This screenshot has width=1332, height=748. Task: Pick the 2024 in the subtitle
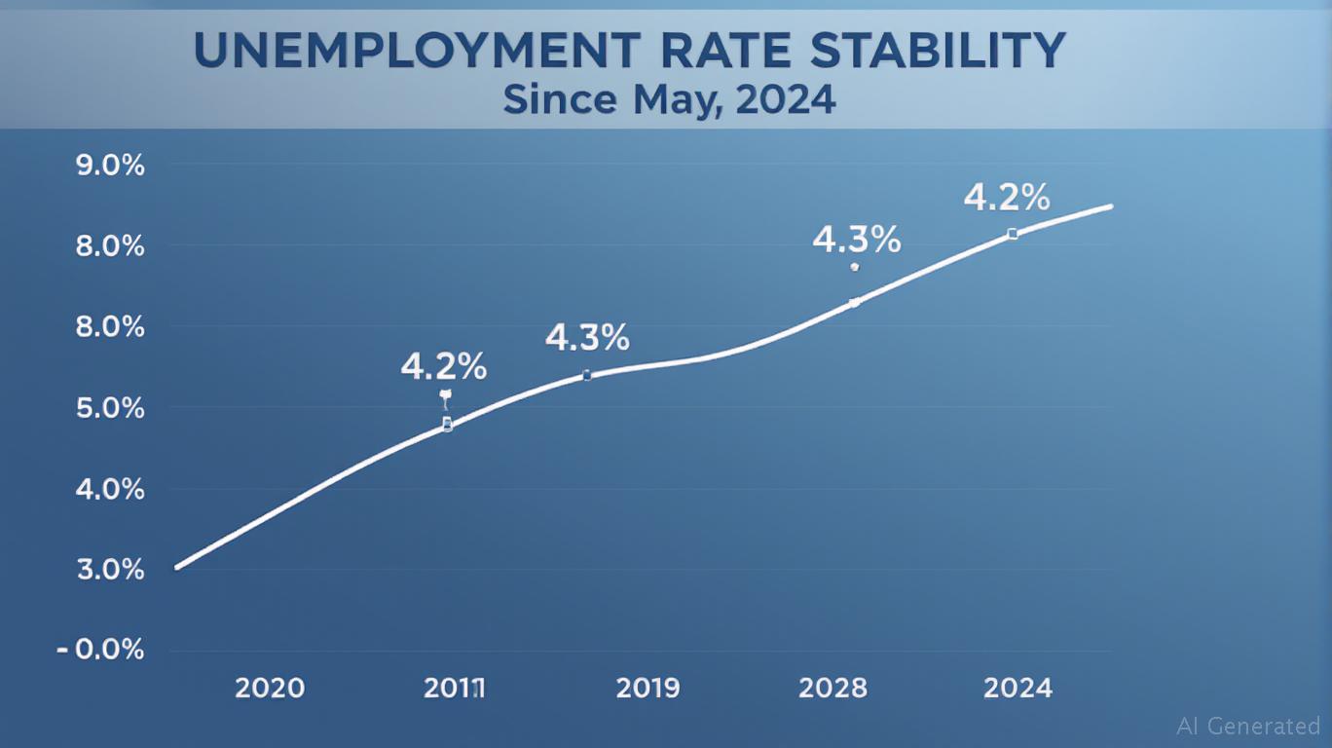pos(788,99)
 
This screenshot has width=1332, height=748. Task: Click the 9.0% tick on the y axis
pos(110,166)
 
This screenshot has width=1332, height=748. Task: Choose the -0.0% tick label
pos(102,650)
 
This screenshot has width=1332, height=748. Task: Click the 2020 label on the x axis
pos(270,689)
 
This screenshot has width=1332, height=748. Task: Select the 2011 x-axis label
pos(454,689)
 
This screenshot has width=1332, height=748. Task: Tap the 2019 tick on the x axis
pos(647,689)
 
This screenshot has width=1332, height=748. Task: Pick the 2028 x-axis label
pos(832,689)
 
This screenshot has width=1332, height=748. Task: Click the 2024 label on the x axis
pos(1017,689)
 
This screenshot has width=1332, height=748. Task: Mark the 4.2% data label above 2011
pos(443,367)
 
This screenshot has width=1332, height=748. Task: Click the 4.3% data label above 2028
pos(856,240)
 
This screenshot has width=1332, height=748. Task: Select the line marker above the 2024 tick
pos(1013,234)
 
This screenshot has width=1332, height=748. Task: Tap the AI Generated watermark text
pos(1248,726)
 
